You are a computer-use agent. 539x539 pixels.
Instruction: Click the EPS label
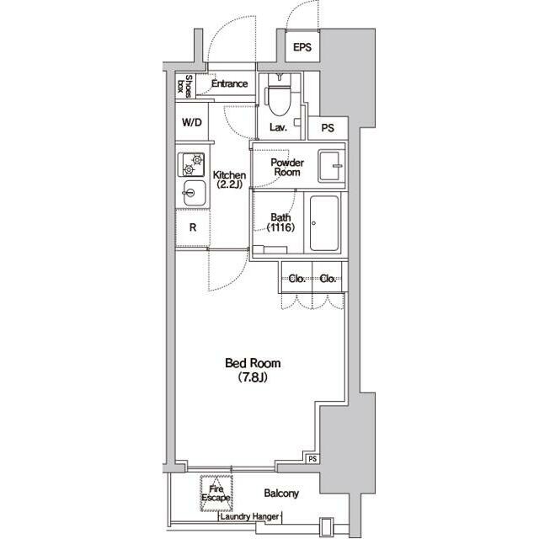(x=302, y=47)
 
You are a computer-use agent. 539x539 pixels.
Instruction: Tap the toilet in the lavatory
(x=279, y=94)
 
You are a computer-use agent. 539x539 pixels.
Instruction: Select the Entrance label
(x=229, y=83)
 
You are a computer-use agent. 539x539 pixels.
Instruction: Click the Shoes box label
(x=184, y=85)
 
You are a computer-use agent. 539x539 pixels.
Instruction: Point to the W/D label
(x=192, y=122)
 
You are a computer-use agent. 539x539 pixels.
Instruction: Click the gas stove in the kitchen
(x=191, y=165)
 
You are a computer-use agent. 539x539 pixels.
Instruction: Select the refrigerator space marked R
(x=193, y=227)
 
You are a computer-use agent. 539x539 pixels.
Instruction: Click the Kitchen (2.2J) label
(x=229, y=179)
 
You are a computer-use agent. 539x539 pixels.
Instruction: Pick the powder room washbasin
(x=331, y=166)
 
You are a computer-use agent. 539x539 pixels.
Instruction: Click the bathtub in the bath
(x=324, y=223)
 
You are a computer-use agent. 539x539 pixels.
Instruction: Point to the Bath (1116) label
(x=280, y=222)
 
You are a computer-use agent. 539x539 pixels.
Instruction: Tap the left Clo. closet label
(x=297, y=279)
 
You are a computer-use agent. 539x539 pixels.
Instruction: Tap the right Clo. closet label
(x=328, y=279)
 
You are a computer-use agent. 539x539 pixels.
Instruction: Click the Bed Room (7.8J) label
(x=253, y=370)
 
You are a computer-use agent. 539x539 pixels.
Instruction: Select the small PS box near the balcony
(x=312, y=459)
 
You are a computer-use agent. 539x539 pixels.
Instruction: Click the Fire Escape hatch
(x=216, y=494)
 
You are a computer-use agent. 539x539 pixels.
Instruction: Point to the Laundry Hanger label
(x=249, y=516)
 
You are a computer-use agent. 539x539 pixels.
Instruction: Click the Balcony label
(x=281, y=494)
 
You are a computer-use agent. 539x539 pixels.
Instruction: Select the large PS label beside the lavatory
(x=328, y=128)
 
